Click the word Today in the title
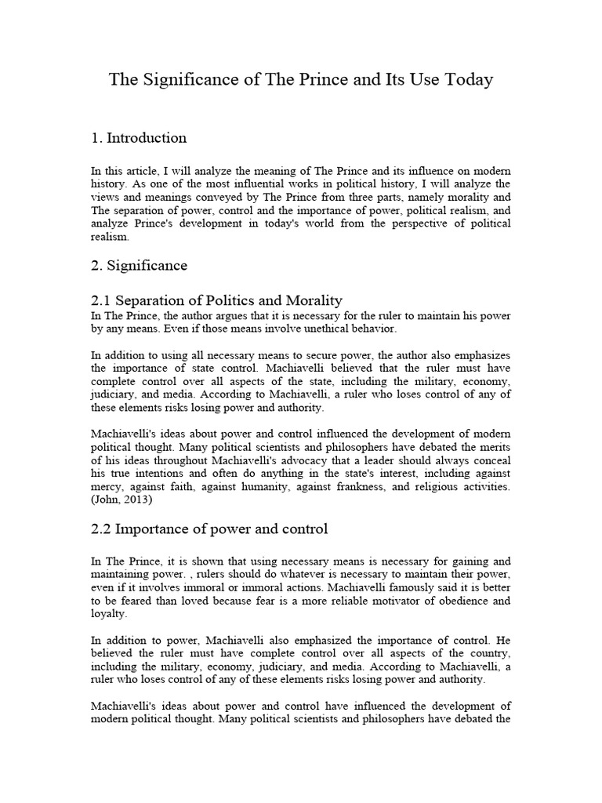click(466, 80)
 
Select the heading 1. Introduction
click(139, 138)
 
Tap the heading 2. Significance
click(139, 266)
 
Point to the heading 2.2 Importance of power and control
click(209, 529)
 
